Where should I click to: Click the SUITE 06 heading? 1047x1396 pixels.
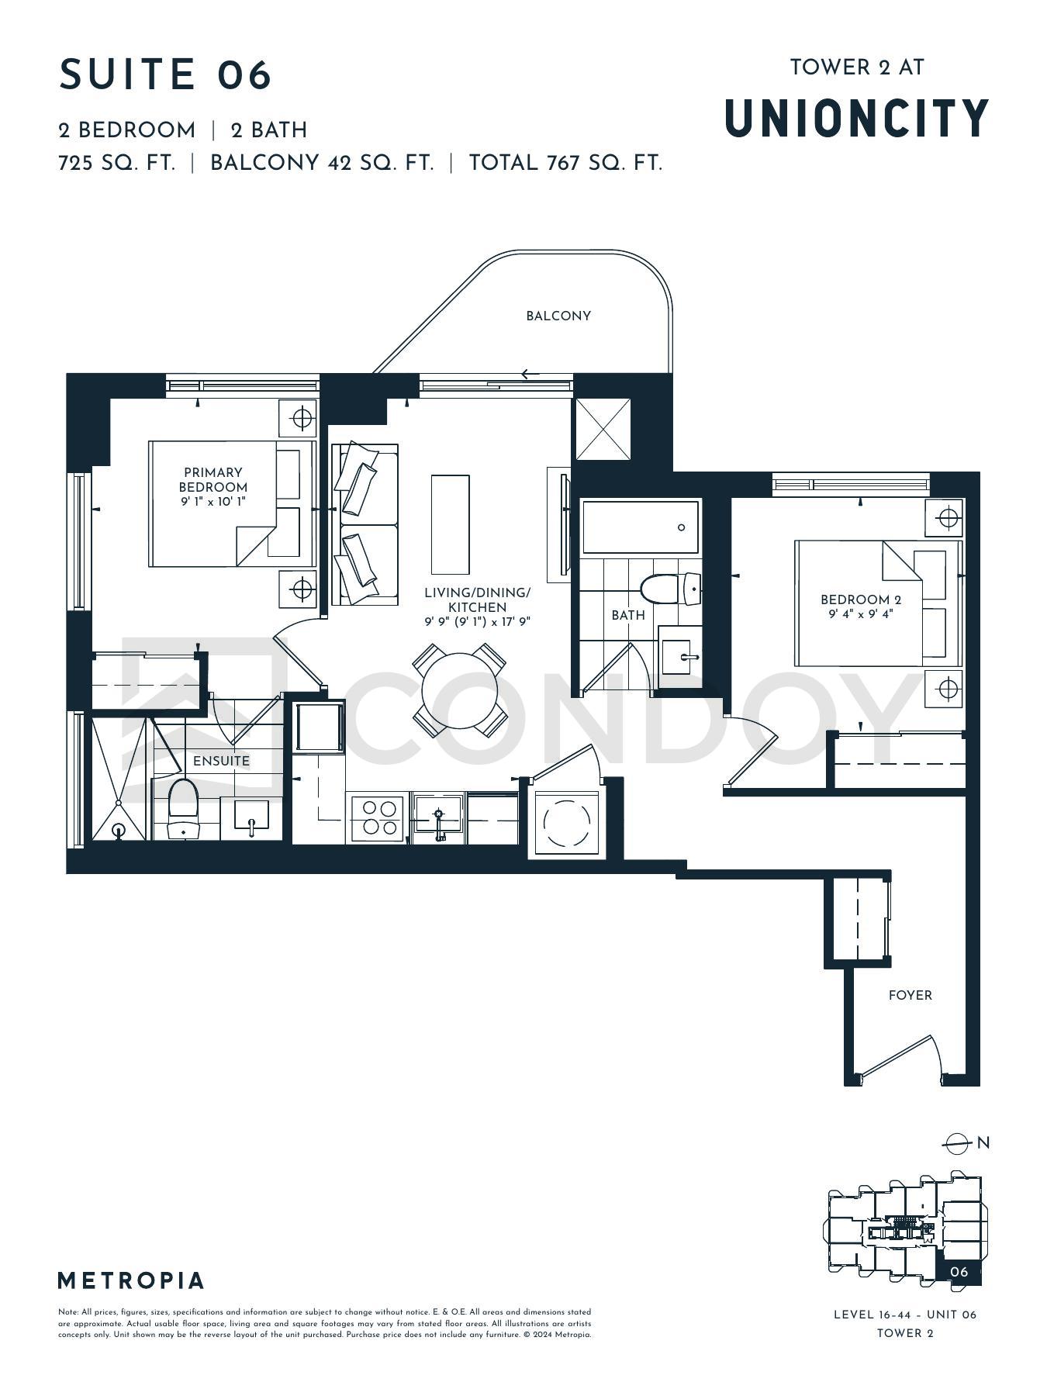(165, 75)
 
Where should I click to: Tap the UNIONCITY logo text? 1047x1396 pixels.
(857, 118)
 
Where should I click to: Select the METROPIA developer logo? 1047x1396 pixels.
(131, 1280)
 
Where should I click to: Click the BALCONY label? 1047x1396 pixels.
(558, 316)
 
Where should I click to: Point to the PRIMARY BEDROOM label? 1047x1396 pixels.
(213, 479)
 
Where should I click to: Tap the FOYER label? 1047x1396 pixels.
(911, 995)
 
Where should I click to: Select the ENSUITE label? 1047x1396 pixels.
(222, 761)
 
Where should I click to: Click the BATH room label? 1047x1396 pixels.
(628, 615)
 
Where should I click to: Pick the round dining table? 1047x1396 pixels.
(460, 690)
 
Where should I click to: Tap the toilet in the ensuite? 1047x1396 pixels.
(183, 808)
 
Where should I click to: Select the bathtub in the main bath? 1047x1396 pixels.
(641, 527)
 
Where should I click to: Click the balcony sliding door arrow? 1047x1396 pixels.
(530, 375)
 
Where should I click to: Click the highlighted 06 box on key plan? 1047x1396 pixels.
(959, 1272)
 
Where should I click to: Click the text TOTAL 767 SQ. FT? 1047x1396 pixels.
(565, 163)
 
